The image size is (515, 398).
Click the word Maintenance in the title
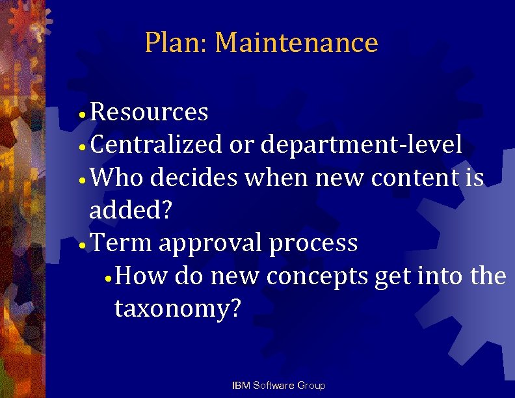point(296,43)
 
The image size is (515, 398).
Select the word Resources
point(149,113)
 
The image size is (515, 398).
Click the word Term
point(121,243)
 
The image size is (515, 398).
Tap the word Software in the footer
point(274,386)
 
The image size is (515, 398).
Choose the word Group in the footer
point(311,386)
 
